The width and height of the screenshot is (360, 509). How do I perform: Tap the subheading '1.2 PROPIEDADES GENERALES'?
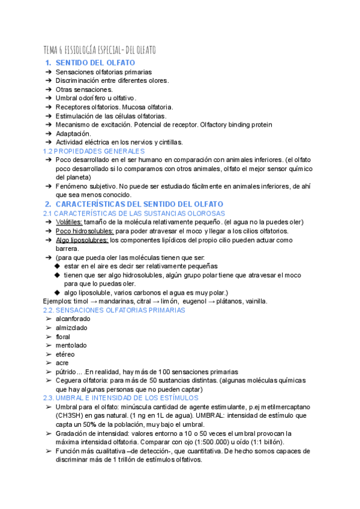pos(94,151)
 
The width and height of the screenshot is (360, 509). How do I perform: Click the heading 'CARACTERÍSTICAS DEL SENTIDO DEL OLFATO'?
pos(139,205)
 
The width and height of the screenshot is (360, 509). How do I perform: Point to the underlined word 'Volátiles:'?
pos(69,222)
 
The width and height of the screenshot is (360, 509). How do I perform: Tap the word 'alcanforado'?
pos(74,319)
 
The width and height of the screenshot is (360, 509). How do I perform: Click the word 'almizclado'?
pos(71,328)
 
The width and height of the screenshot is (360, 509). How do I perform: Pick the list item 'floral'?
pos(63,337)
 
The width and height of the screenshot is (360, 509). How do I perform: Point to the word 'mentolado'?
pos(71,345)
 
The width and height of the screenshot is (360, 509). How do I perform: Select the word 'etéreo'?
pos(66,354)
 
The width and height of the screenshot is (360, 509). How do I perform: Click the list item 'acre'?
pos(62,363)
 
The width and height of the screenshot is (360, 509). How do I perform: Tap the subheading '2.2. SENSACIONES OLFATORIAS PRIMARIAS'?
pos(114,310)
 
